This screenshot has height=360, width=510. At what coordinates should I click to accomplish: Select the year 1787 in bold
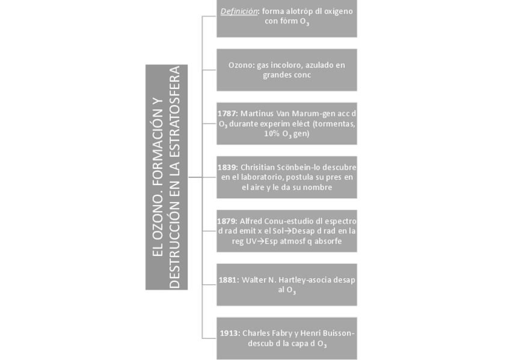coord(227,112)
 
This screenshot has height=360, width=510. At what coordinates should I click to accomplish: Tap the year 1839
coord(227,166)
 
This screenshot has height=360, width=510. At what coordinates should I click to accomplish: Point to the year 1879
coord(227,221)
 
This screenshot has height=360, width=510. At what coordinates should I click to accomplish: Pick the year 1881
coord(229,280)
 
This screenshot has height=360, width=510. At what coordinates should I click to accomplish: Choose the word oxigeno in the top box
coord(337,11)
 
